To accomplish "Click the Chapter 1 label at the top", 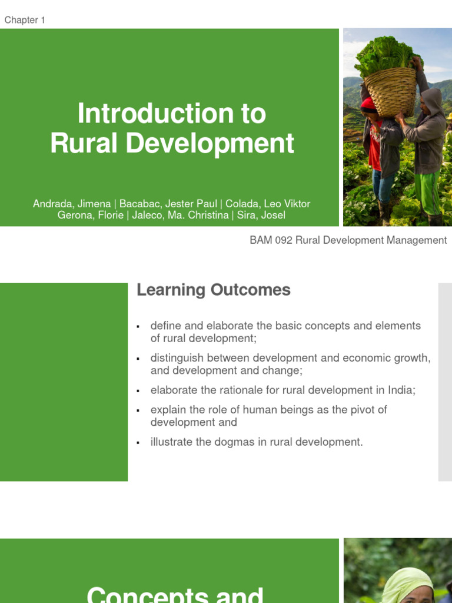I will click(x=25, y=20).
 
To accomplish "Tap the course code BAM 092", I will click(x=271, y=240).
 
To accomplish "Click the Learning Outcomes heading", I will click(x=213, y=290).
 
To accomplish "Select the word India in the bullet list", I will click(x=400, y=390).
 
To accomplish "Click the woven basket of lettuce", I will click(x=391, y=88).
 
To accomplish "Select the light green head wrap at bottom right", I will click(x=406, y=581).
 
